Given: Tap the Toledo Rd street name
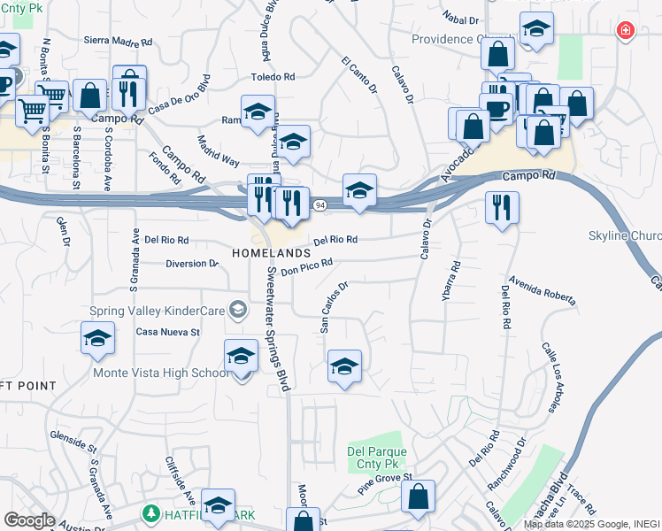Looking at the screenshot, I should pos(272,78).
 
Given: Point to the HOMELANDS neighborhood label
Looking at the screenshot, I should pos(271,253).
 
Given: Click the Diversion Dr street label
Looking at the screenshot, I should pos(192,264).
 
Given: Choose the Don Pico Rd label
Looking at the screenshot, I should pos(306,266).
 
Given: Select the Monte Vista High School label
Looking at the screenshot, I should pos(161,373).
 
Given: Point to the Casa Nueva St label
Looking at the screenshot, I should pos(168,333).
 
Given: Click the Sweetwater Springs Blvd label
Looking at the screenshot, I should pos(277,328).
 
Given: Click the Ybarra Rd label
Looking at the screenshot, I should pos(451,281).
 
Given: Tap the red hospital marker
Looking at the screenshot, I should pos(626,31).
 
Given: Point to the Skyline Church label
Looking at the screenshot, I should pos(625,236).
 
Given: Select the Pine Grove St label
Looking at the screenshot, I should pos(385,483).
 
